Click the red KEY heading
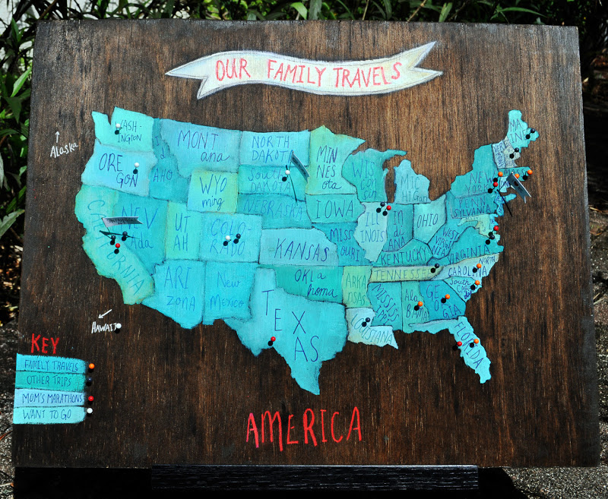[45, 344]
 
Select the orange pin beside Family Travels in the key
[91, 366]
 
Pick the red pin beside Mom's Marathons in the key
[90, 398]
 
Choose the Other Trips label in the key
[50, 381]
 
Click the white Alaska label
[65, 150]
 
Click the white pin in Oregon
[136, 164]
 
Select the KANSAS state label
[298, 249]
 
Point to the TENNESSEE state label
[401, 274]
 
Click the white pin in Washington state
[117, 128]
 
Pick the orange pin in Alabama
[419, 305]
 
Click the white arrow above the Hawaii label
[104, 312]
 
